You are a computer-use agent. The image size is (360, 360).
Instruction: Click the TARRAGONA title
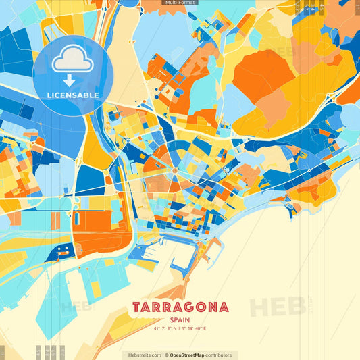click(180, 307)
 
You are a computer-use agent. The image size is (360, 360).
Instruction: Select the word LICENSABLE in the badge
click(73, 95)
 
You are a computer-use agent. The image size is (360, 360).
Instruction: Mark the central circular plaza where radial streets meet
click(174, 171)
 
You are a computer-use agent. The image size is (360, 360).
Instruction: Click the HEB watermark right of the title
click(277, 305)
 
